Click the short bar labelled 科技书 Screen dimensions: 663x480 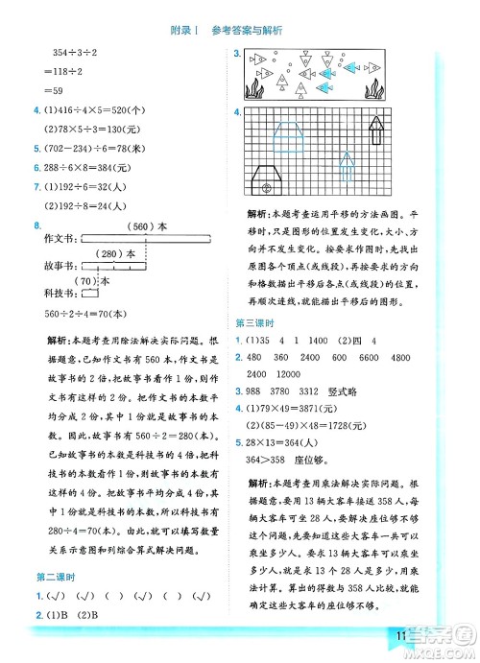click(x=88, y=296)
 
